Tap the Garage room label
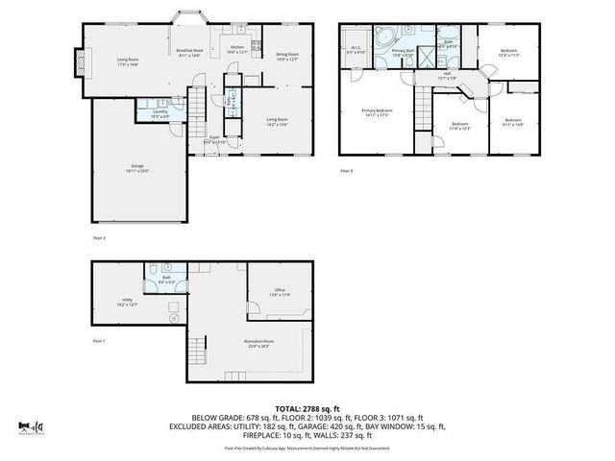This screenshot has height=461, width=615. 138,166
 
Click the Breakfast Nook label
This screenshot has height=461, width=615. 187,52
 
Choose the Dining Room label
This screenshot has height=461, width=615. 287,56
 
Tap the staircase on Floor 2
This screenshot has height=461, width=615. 196,98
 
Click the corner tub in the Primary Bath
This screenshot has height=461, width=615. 382,37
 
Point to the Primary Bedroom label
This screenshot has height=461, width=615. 377,111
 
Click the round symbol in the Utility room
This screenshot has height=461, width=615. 173,318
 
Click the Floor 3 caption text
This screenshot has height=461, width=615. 346,171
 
